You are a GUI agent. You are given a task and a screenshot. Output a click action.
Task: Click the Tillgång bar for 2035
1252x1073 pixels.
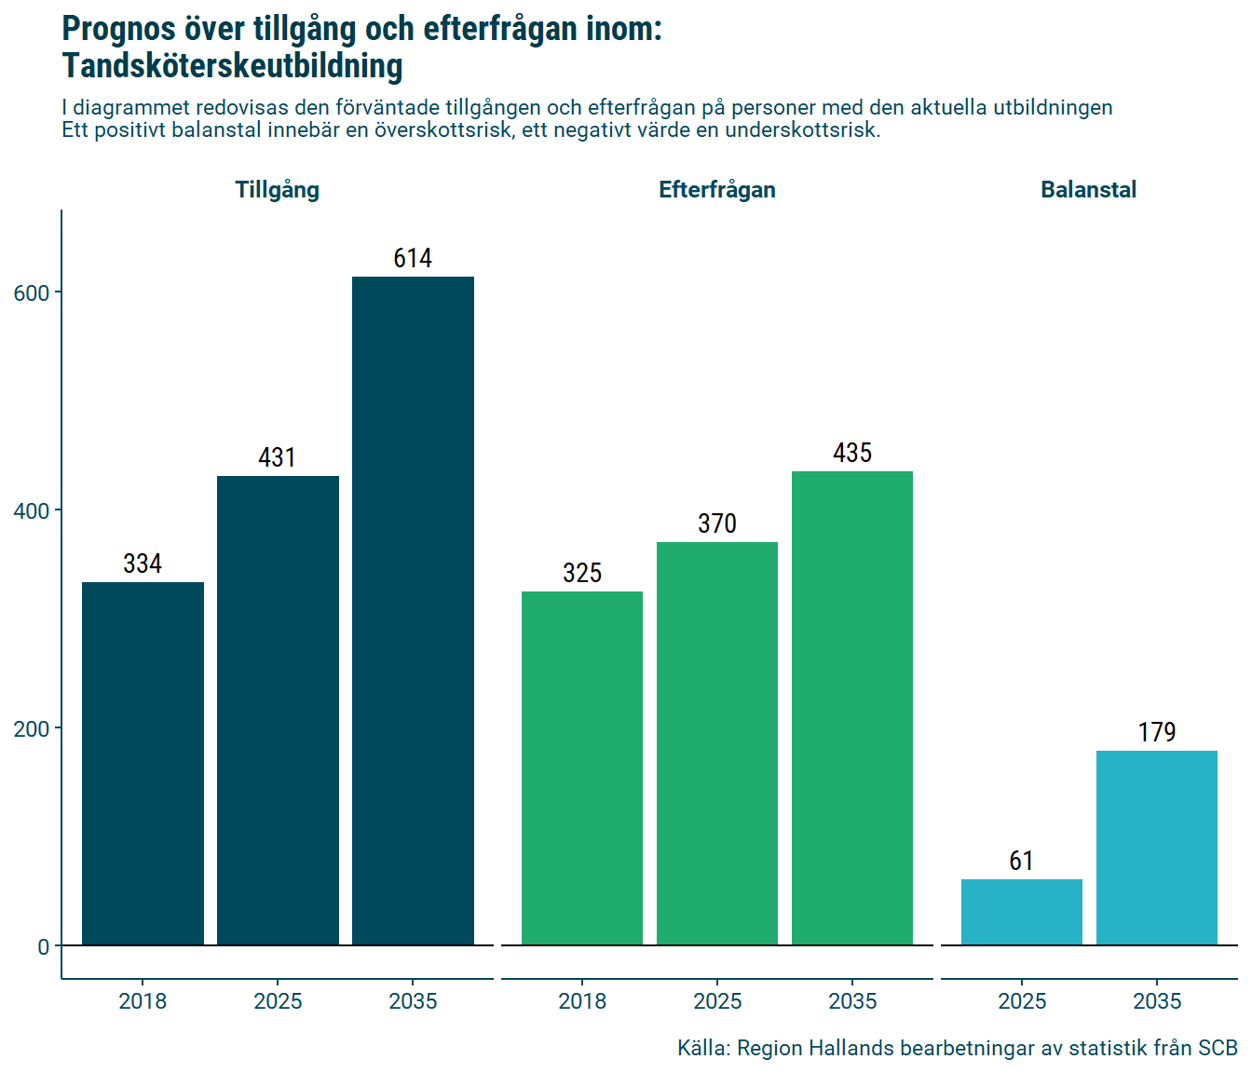pos(413,611)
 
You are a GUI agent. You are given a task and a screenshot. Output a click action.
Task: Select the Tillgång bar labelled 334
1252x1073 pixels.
pos(143,764)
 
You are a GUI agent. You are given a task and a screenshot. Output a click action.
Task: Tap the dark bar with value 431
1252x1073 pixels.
pos(278,711)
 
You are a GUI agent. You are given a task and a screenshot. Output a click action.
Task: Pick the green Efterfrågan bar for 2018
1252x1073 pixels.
pos(582,768)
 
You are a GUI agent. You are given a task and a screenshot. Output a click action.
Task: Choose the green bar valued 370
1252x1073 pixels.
pos(717,743)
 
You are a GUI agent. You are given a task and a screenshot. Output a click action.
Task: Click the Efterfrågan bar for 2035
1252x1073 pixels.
pos(852,708)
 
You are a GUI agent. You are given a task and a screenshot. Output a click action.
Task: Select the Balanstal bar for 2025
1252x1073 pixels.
pos(1022,912)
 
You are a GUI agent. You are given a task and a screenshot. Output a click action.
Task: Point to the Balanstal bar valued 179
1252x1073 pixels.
pos(1157,848)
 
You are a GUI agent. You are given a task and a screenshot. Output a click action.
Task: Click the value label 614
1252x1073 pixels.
pos(413,258)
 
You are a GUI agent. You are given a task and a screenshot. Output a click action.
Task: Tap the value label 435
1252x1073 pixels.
pos(852,453)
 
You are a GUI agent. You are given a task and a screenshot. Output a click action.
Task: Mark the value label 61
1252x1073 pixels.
pos(1022,861)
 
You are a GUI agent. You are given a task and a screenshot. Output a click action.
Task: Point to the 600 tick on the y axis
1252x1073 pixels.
pos(31,292)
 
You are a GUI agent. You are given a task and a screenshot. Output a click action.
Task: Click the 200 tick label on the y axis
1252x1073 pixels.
pos(31,728)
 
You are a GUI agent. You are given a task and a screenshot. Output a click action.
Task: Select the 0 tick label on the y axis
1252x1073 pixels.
pos(43,946)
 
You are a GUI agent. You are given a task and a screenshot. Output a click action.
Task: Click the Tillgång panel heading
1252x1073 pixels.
pos(278,190)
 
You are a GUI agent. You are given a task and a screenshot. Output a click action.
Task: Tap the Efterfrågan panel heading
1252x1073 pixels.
pos(717,190)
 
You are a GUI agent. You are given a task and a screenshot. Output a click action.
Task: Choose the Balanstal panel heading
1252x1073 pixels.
pos(1088,190)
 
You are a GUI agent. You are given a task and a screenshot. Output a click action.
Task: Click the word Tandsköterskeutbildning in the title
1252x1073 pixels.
pos(233,66)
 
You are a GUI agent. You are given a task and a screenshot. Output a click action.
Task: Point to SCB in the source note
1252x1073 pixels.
pos(1218,1048)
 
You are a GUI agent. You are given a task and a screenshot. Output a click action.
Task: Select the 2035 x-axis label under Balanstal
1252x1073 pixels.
pos(1157,1001)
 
